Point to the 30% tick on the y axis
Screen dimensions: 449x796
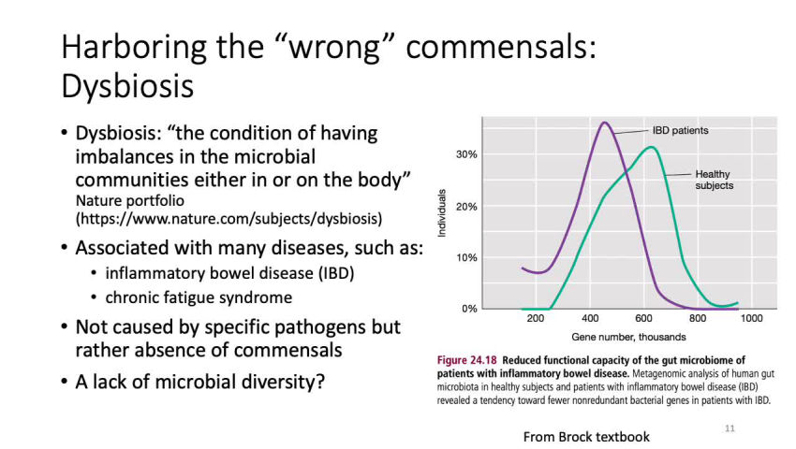tap(466, 153)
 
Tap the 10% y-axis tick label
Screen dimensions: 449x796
tap(466, 257)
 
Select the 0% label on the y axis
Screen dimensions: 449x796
tap(469, 308)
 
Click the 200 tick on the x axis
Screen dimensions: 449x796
tap(535, 320)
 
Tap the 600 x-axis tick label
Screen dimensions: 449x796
tap(643, 320)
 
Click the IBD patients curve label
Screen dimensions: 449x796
tap(680, 130)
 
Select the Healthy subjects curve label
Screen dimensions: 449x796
tap(714, 180)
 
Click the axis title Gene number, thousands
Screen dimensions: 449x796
tap(628, 337)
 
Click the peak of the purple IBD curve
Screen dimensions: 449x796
tap(605, 123)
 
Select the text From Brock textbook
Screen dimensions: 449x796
tap(586, 436)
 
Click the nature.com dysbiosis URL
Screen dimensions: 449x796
tap(228, 219)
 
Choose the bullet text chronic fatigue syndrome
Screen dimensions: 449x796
tap(199, 297)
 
